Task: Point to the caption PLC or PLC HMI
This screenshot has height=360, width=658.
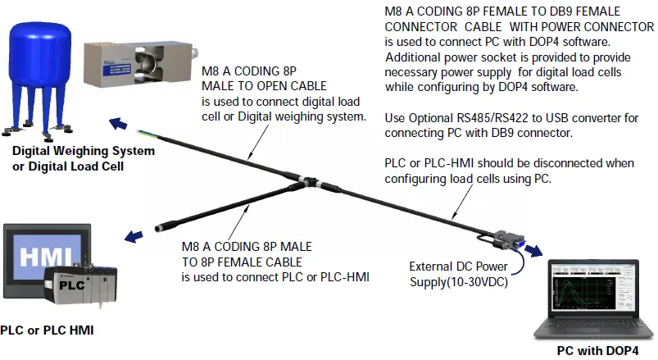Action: tap(48, 330)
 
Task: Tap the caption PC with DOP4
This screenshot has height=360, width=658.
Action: tap(597, 351)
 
